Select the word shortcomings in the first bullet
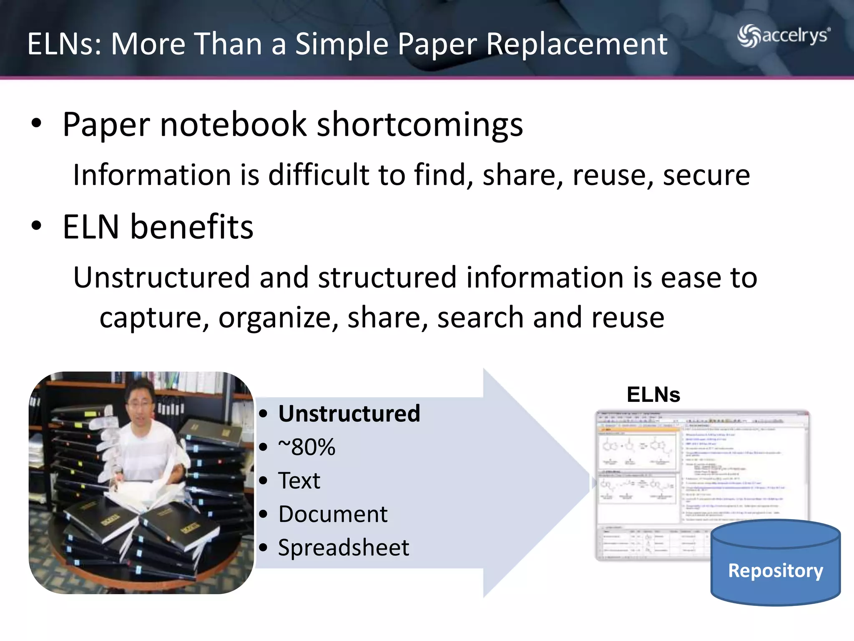click(419, 125)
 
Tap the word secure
click(706, 175)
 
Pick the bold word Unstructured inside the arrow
click(349, 414)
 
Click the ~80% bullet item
click(306, 447)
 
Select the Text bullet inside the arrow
click(299, 481)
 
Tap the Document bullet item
click(333, 514)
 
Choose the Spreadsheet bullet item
click(344, 548)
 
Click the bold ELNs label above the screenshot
click(653, 395)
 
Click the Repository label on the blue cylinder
click(775, 570)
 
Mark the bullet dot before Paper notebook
click(37, 124)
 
